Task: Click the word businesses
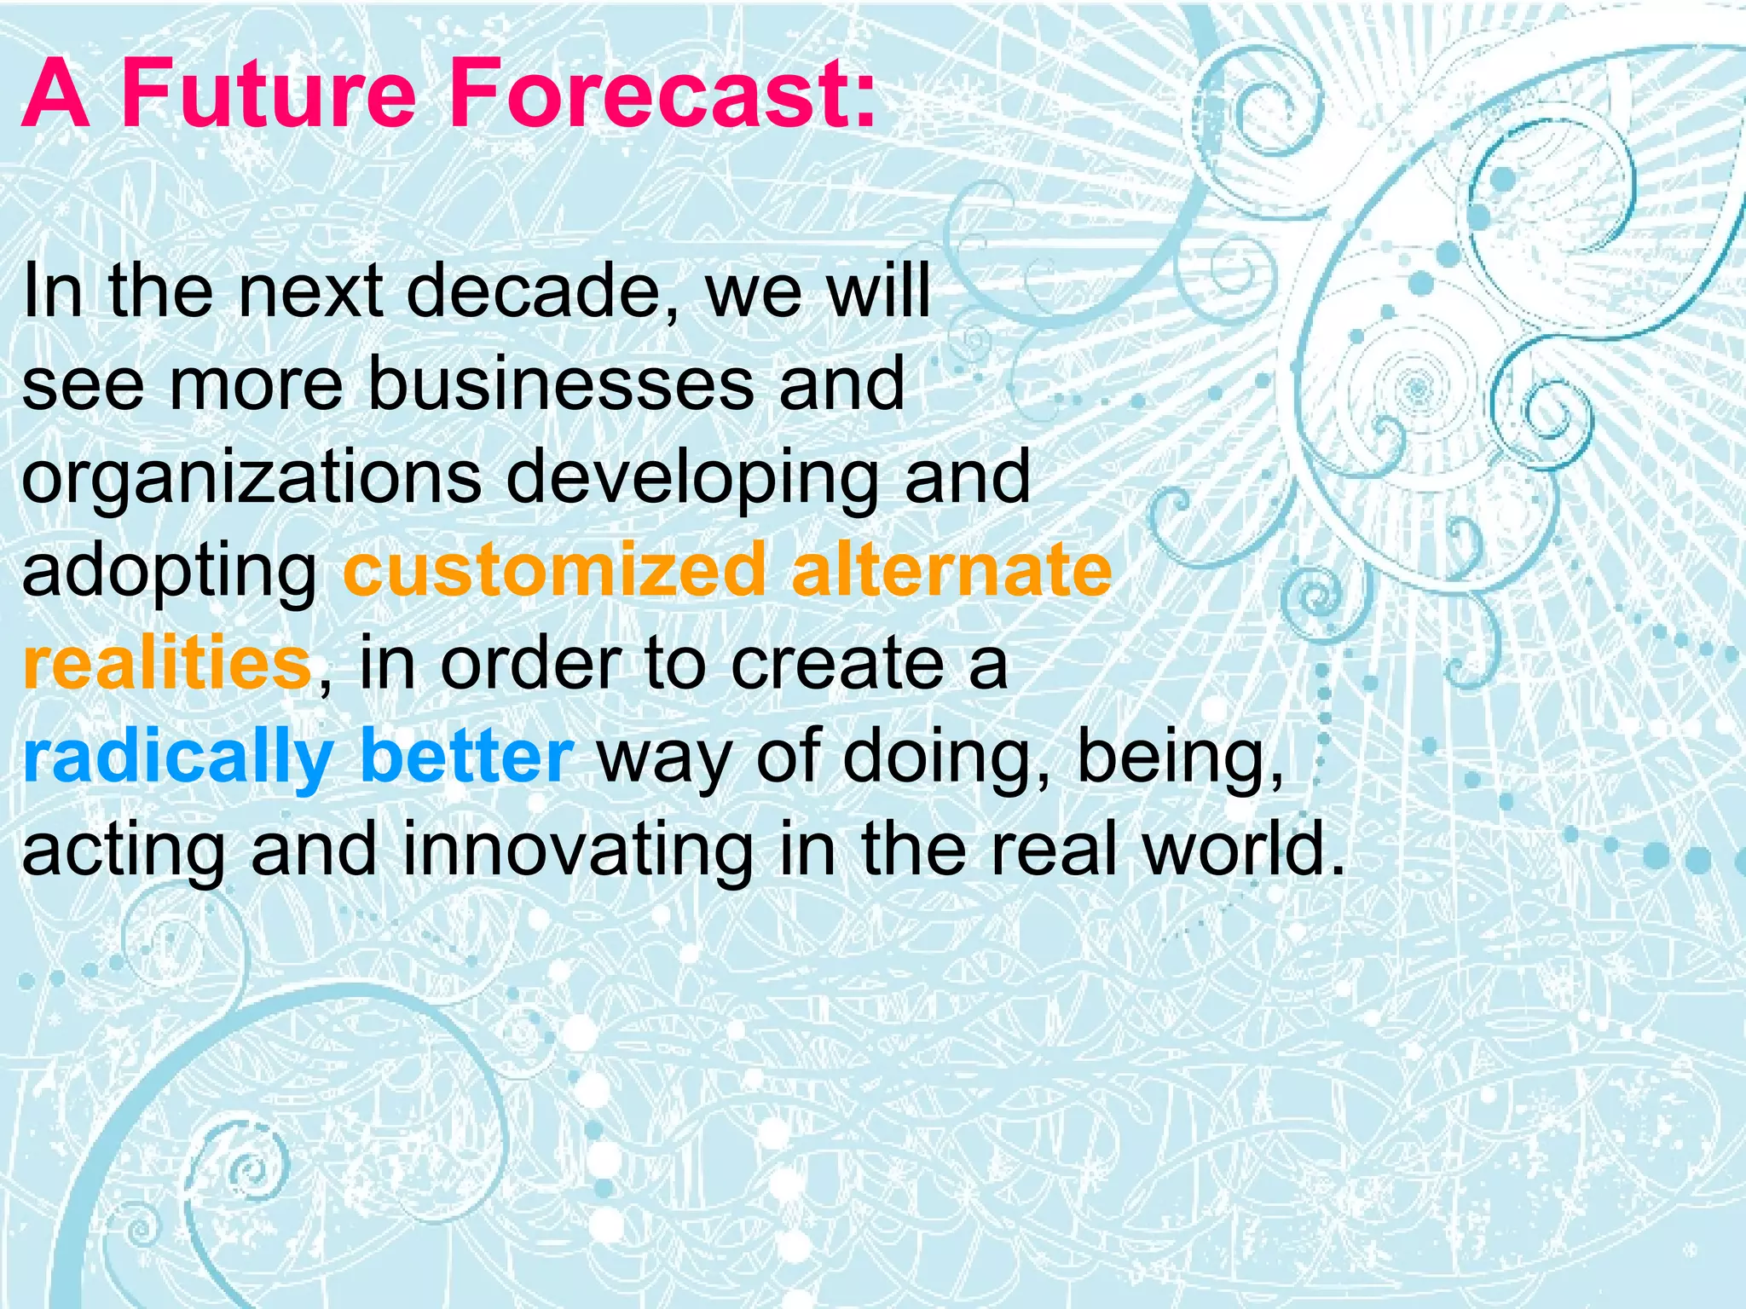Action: tap(561, 385)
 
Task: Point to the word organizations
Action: tap(251, 479)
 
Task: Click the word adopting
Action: tap(170, 573)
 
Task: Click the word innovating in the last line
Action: tap(578, 851)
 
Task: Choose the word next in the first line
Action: tap(310, 291)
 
